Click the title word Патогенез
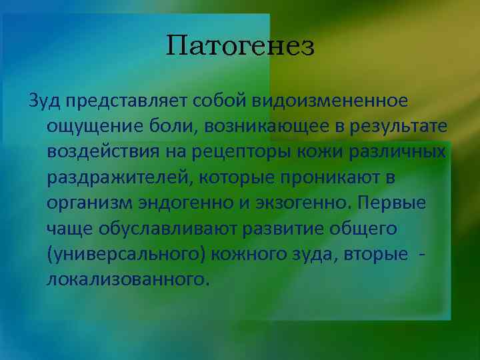coord(240,47)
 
